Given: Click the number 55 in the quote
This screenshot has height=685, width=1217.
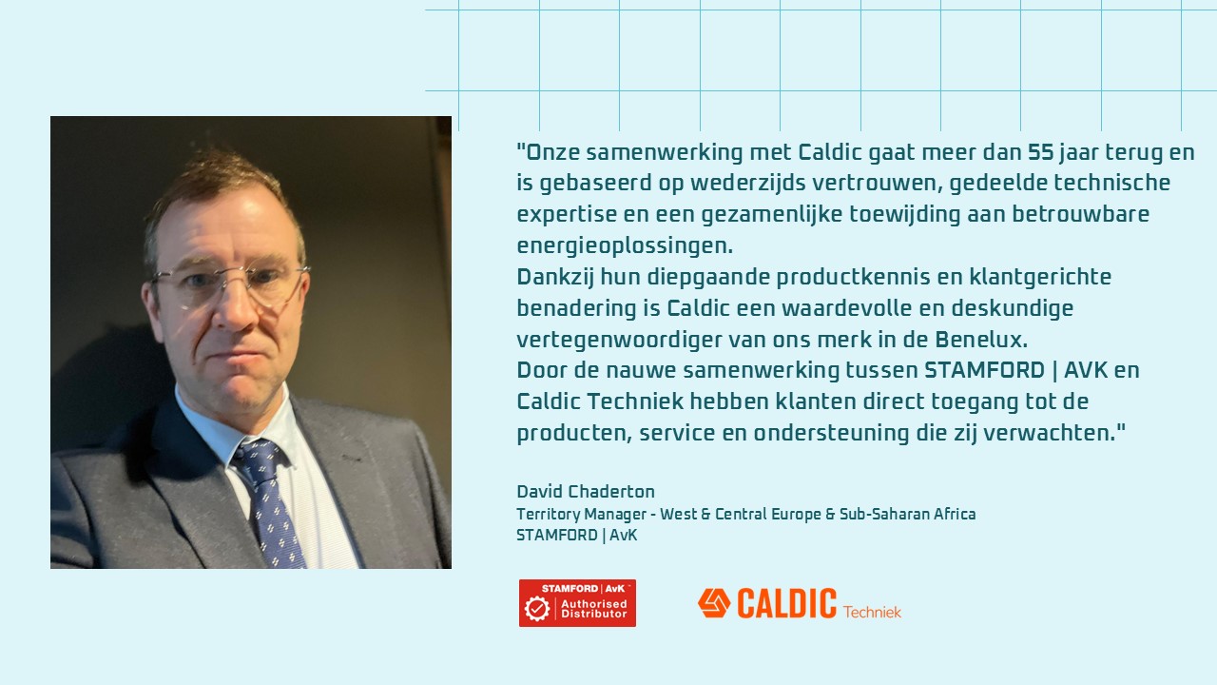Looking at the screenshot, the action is [1041, 152].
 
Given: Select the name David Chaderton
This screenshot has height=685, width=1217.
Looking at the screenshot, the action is [586, 492].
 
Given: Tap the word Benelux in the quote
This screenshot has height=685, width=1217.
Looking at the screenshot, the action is [981, 340].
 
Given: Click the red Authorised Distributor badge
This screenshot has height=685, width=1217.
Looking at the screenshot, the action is [577, 603].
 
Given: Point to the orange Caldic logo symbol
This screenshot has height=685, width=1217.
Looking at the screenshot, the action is [714, 603].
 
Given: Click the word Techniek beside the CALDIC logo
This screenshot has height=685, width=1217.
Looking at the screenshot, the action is [872, 612].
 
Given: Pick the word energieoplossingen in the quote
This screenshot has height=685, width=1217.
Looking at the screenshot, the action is [625, 246].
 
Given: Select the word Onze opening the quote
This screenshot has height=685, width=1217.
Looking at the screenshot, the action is [553, 152].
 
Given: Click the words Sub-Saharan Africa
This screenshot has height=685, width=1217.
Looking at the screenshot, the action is [907, 514].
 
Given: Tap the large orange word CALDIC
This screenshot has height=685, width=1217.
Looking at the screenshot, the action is [786, 603].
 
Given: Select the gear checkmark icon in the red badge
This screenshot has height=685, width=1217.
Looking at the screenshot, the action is [537, 608].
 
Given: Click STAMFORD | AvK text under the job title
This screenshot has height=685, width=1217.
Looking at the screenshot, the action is [577, 536].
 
